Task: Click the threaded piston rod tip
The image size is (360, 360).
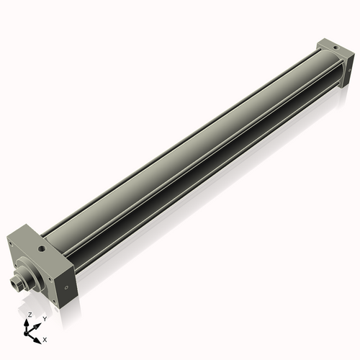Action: coord(15,286)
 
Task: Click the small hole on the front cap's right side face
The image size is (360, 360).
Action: coord(66,286)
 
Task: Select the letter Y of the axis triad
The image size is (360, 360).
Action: coord(45,318)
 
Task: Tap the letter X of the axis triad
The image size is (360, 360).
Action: coord(45,338)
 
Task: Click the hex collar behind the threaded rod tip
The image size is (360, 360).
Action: coord(20,282)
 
